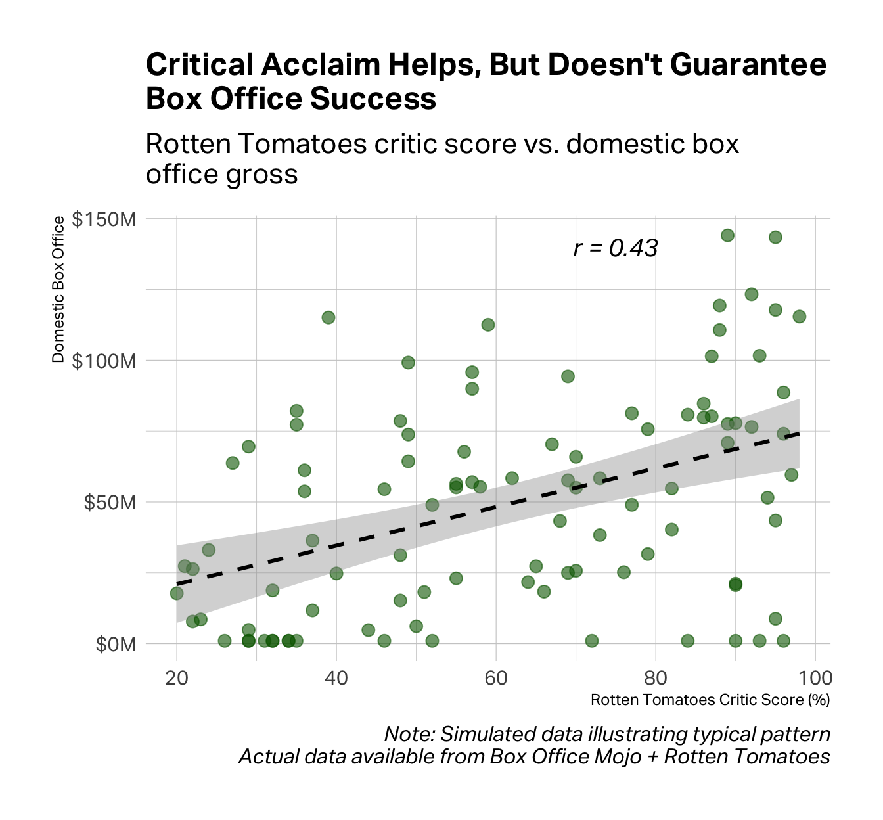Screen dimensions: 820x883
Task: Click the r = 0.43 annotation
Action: (x=616, y=248)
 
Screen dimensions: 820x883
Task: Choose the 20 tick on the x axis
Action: (x=177, y=677)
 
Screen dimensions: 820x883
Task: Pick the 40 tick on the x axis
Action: (x=336, y=677)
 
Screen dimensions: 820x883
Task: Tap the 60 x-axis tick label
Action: (x=496, y=677)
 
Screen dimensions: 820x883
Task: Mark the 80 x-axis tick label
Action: (x=656, y=677)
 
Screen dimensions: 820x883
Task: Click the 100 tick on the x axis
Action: (x=815, y=677)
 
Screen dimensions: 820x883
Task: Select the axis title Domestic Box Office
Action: (x=58, y=289)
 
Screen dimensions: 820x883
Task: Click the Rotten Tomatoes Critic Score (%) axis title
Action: (x=710, y=700)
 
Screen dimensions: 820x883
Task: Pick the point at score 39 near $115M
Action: (x=328, y=317)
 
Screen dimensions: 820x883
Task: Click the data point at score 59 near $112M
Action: (x=488, y=325)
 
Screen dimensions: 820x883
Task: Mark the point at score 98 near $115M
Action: (x=799, y=317)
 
